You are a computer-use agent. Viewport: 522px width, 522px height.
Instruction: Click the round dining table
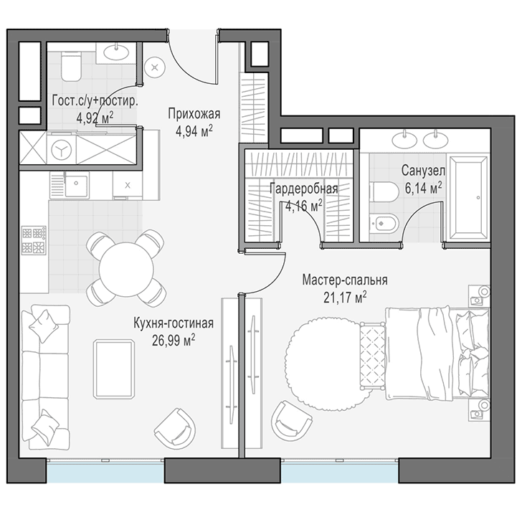click(126, 270)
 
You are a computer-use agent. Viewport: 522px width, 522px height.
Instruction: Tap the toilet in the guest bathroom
click(71, 66)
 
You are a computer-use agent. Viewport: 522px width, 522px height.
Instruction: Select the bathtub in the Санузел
click(468, 197)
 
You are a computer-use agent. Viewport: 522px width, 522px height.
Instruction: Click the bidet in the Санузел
click(384, 224)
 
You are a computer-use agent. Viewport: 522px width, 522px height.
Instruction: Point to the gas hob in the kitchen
click(34, 240)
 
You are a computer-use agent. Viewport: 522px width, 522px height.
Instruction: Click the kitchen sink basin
click(76, 186)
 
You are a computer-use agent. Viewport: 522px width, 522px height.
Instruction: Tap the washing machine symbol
click(62, 150)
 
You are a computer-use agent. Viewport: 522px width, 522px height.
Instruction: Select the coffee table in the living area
click(114, 369)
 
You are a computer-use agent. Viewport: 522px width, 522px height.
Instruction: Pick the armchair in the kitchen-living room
click(175, 427)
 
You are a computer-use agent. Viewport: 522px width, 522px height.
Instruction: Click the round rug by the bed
click(323, 364)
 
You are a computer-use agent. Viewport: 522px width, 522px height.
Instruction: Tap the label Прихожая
click(194, 114)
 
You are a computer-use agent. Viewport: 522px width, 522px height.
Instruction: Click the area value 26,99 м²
click(174, 341)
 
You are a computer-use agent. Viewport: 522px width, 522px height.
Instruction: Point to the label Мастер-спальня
click(345, 280)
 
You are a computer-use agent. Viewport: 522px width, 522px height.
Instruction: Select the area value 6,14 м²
click(424, 189)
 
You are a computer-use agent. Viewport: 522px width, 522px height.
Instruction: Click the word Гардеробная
click(303, 189)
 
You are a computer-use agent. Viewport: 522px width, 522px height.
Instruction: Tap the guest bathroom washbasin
click(116, 52)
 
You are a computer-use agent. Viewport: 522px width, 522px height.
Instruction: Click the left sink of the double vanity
click(404, 140)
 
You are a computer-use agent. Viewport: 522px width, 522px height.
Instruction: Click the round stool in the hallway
click(155, 68)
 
